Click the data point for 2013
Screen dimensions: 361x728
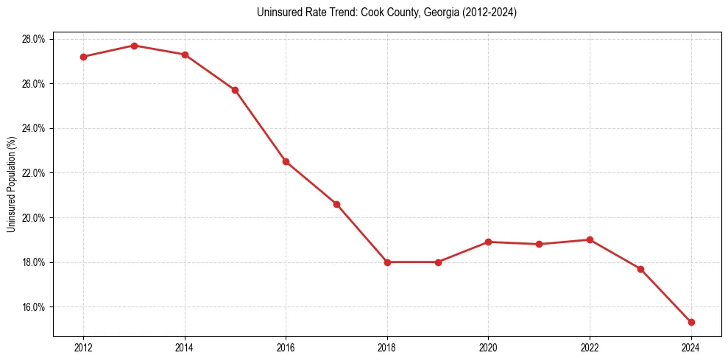coord(134,46)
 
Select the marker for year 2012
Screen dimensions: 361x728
coord(83,57)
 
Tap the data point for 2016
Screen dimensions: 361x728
coord(286,161)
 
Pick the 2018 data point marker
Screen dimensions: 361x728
coord(387,262)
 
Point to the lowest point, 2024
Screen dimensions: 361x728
coord(691,322)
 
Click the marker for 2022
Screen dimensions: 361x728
coord(590,239)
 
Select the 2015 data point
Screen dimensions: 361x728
coord(235,90)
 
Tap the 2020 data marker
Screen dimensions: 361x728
coord(489,242)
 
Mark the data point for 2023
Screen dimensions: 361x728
coord(640,269)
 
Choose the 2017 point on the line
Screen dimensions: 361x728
coord(336,204)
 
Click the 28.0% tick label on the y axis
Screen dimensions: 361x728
coord(33,39)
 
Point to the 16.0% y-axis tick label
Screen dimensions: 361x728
coord(33,307)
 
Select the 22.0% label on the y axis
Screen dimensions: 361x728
coord(33,173)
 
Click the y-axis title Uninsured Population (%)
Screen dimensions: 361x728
coord(11,184)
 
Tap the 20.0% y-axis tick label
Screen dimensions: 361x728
coord(33,218)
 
